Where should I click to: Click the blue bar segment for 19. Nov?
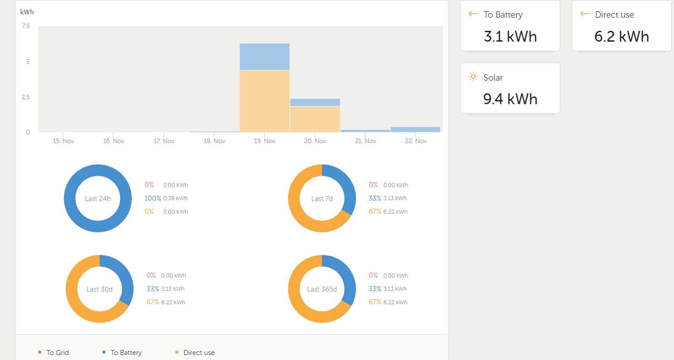[265, 57]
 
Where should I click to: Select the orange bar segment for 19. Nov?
[265, 101]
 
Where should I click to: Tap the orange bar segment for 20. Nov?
[315, 119]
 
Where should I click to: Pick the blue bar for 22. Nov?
[415, 130]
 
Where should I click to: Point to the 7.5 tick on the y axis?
[25, 26]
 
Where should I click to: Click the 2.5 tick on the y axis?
[25, 97]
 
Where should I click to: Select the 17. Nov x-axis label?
[164, 141]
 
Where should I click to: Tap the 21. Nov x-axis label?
[366, 141]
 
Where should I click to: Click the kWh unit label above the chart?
[27, 12]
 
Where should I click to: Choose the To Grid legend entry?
[57, 353]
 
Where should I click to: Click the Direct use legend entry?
[199, 353]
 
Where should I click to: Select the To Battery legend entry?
[125, 353]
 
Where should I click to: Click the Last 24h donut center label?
[98, 198]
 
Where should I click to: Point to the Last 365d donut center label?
[322, 289]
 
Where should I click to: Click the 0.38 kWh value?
[175, 198]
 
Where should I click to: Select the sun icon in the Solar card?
[473, 77]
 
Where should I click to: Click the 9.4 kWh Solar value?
[510, 98]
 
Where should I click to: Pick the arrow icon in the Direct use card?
[585, 14]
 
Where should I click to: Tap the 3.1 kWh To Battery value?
[510, 36]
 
